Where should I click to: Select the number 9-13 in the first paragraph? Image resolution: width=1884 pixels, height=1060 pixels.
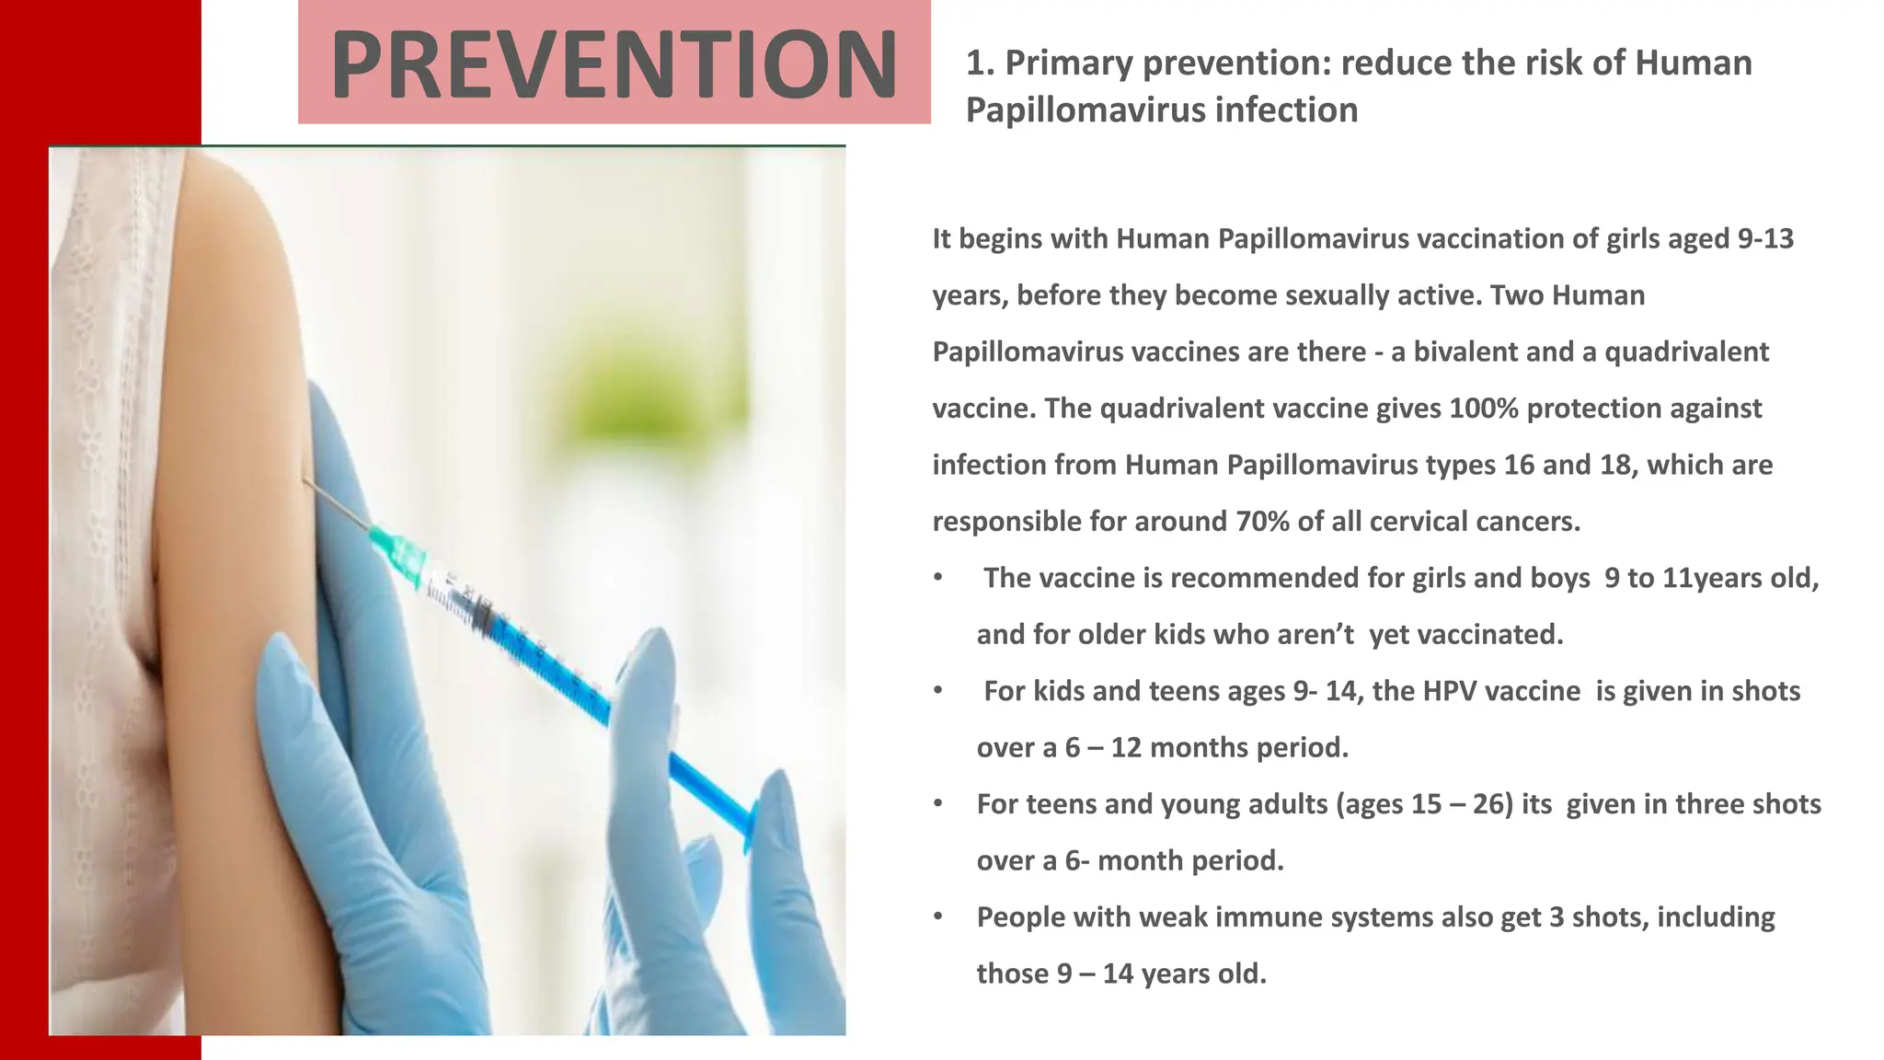tap(1764, 238)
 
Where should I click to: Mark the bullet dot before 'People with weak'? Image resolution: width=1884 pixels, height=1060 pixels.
tap(937, 916)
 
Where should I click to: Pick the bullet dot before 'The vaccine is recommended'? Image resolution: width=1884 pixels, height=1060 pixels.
tap(937, 578)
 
